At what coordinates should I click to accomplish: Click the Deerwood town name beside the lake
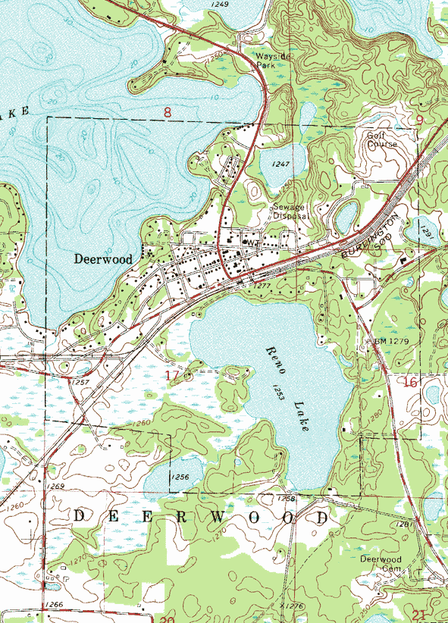click(x=103, y=259)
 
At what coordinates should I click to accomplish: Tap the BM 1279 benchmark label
click(x=393, y=342)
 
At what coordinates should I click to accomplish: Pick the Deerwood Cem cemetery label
click(x=381, y=564)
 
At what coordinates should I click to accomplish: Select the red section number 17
click(x=172, y=375)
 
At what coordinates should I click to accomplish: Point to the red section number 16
click(x=410, y=383)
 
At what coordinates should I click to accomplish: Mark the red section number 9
click(x=419, y=120)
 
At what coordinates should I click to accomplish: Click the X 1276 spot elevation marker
click(x=291, y=606)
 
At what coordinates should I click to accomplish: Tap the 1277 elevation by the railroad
click(x=262, y=286)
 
